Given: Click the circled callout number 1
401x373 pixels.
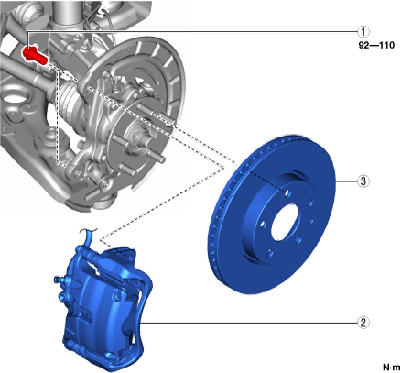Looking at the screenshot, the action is point(363,31).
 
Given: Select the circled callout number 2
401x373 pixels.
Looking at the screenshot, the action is point(363,323).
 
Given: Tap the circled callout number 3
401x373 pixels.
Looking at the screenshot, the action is point(363,181).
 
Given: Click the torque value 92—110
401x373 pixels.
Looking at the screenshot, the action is point(376,46).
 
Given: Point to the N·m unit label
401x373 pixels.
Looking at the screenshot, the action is point(391,367).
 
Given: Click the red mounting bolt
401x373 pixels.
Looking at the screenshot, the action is point(35,55).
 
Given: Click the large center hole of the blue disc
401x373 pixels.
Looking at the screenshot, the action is point(285,223).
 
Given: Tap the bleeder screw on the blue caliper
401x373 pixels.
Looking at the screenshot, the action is point(58,280).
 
